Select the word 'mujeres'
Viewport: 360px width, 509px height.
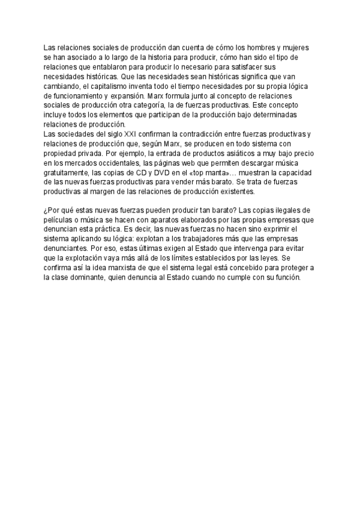pos(301,47)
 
